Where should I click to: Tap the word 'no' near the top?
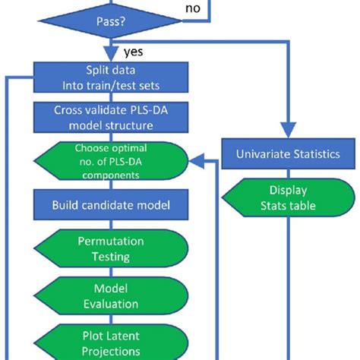point(194,8)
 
